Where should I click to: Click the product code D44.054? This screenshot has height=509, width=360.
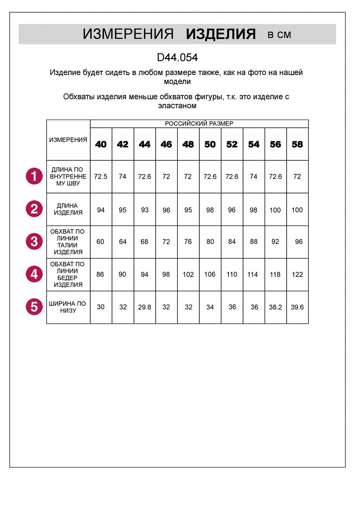coord(177,57)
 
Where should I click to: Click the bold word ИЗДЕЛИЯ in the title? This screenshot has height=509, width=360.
coord(220,34)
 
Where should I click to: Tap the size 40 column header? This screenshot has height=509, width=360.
coord(101,144)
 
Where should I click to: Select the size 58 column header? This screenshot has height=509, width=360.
coord(297,144)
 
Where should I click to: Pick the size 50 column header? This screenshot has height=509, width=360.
coord(210,144)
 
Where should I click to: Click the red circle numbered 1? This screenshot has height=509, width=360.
coord(34,176)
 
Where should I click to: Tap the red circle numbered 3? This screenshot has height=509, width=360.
coord(34,242)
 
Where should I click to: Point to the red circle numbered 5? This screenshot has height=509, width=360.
coord(34,307)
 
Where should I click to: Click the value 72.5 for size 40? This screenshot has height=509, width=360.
coord(101,176)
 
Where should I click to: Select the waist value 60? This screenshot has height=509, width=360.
coord(100,242)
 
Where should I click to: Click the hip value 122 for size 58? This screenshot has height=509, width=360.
coord(297,274)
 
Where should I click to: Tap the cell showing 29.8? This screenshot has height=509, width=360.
coord(145,307)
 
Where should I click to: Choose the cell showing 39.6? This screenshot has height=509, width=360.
coord(297,307)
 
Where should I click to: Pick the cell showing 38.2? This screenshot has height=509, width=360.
coord(276,307)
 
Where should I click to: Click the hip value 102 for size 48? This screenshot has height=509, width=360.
coord(188,274)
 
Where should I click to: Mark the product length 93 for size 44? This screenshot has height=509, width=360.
coord(145,210)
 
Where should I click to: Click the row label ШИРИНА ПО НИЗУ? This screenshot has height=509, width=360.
coord(68,307)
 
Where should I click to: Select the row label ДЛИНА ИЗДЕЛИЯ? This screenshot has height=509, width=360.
coord(68,209)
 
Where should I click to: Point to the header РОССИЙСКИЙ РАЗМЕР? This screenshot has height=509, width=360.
coord(199,123)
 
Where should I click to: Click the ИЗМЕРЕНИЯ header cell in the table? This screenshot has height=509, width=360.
coord(68,140)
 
